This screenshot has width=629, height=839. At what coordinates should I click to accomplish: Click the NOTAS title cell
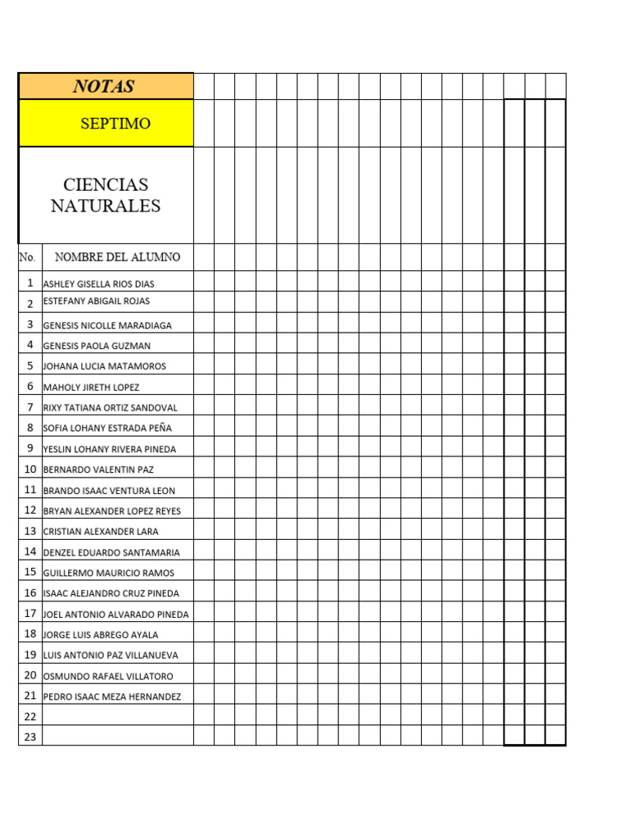click(105, 86)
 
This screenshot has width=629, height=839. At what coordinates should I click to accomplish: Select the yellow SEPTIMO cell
click(115, 124)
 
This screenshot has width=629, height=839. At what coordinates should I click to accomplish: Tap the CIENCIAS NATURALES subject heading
click(106, 195)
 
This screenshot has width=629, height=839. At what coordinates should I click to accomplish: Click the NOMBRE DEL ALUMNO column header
click(117, 257)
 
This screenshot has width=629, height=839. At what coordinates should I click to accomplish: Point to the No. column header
click(28, 257)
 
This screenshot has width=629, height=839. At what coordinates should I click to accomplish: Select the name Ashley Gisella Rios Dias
click(98, 283)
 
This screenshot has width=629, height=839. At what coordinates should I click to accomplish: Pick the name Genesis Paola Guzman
click(97, 346)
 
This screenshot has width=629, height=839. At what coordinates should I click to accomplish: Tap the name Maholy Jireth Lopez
click(91, 387)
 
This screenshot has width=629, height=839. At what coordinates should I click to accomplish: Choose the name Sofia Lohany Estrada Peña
click(107, 428)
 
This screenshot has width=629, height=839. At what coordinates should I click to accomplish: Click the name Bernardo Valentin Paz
click(98, 469)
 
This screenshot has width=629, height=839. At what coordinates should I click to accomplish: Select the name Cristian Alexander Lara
click(101, 531)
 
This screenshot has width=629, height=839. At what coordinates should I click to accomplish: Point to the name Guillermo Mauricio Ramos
click(108, 573)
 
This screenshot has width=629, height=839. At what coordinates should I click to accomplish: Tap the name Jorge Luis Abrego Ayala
click(101, 634)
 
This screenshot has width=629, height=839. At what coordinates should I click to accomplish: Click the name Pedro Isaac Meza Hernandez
click(112, 696)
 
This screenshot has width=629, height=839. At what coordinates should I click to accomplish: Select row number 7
click(30, 407)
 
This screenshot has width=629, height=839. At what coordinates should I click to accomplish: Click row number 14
click(30, 551)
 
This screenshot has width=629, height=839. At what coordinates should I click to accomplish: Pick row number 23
click(30, 737)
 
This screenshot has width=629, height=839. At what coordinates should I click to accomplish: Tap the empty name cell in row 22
click(117, 716)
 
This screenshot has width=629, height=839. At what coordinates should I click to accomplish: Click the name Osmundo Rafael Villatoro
click(107, 676)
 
